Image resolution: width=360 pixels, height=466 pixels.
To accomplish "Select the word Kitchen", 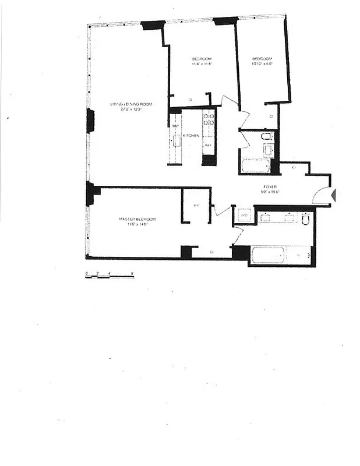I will click(191, 135).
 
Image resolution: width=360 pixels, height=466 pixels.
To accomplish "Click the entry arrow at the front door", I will click(333, 195).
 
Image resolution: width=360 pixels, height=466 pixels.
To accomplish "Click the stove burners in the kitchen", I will click(209, 119).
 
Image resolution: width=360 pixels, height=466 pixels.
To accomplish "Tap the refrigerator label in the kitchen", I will click(208, 144).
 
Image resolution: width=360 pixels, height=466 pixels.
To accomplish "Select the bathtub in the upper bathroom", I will click(255, 166).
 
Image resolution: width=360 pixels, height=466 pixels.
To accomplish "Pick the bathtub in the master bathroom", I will click(267, 255).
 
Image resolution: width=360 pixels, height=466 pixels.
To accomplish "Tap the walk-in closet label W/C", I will click(196, 205).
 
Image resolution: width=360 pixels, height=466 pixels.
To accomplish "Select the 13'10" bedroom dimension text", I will click(262, 65).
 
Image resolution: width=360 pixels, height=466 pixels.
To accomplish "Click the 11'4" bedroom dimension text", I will click(202, 65).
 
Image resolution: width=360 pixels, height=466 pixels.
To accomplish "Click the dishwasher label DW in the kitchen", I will click(175, 126).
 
